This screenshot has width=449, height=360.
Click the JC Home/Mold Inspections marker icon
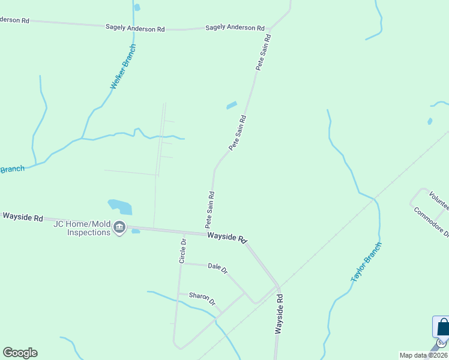[x=119, y=227]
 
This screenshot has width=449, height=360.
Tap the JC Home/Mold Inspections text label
[x=82, y=228]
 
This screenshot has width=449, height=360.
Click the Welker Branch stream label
[x=124, y=67]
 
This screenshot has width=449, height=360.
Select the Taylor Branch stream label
[x=366, y=262]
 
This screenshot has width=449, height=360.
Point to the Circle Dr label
[x=183, y=251]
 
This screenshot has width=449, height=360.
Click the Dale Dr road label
[x=217, y=268]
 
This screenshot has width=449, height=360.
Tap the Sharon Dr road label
[x=202, y=298]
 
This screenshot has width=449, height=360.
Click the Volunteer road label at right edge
[x=439, y=199]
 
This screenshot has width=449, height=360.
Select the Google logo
[x=20, y=353]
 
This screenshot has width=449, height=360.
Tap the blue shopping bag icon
[x=442, y=328]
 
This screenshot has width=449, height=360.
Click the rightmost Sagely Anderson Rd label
[x=235, y=28]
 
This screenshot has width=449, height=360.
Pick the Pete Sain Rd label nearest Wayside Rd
[x=210, y=209]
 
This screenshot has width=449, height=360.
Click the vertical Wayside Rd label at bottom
[x=279, y=314]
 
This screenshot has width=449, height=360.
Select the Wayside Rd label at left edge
[x=23, y=217]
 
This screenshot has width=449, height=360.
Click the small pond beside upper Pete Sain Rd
[x=231, y=106]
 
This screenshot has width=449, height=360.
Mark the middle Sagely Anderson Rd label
[x=134, y=28]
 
